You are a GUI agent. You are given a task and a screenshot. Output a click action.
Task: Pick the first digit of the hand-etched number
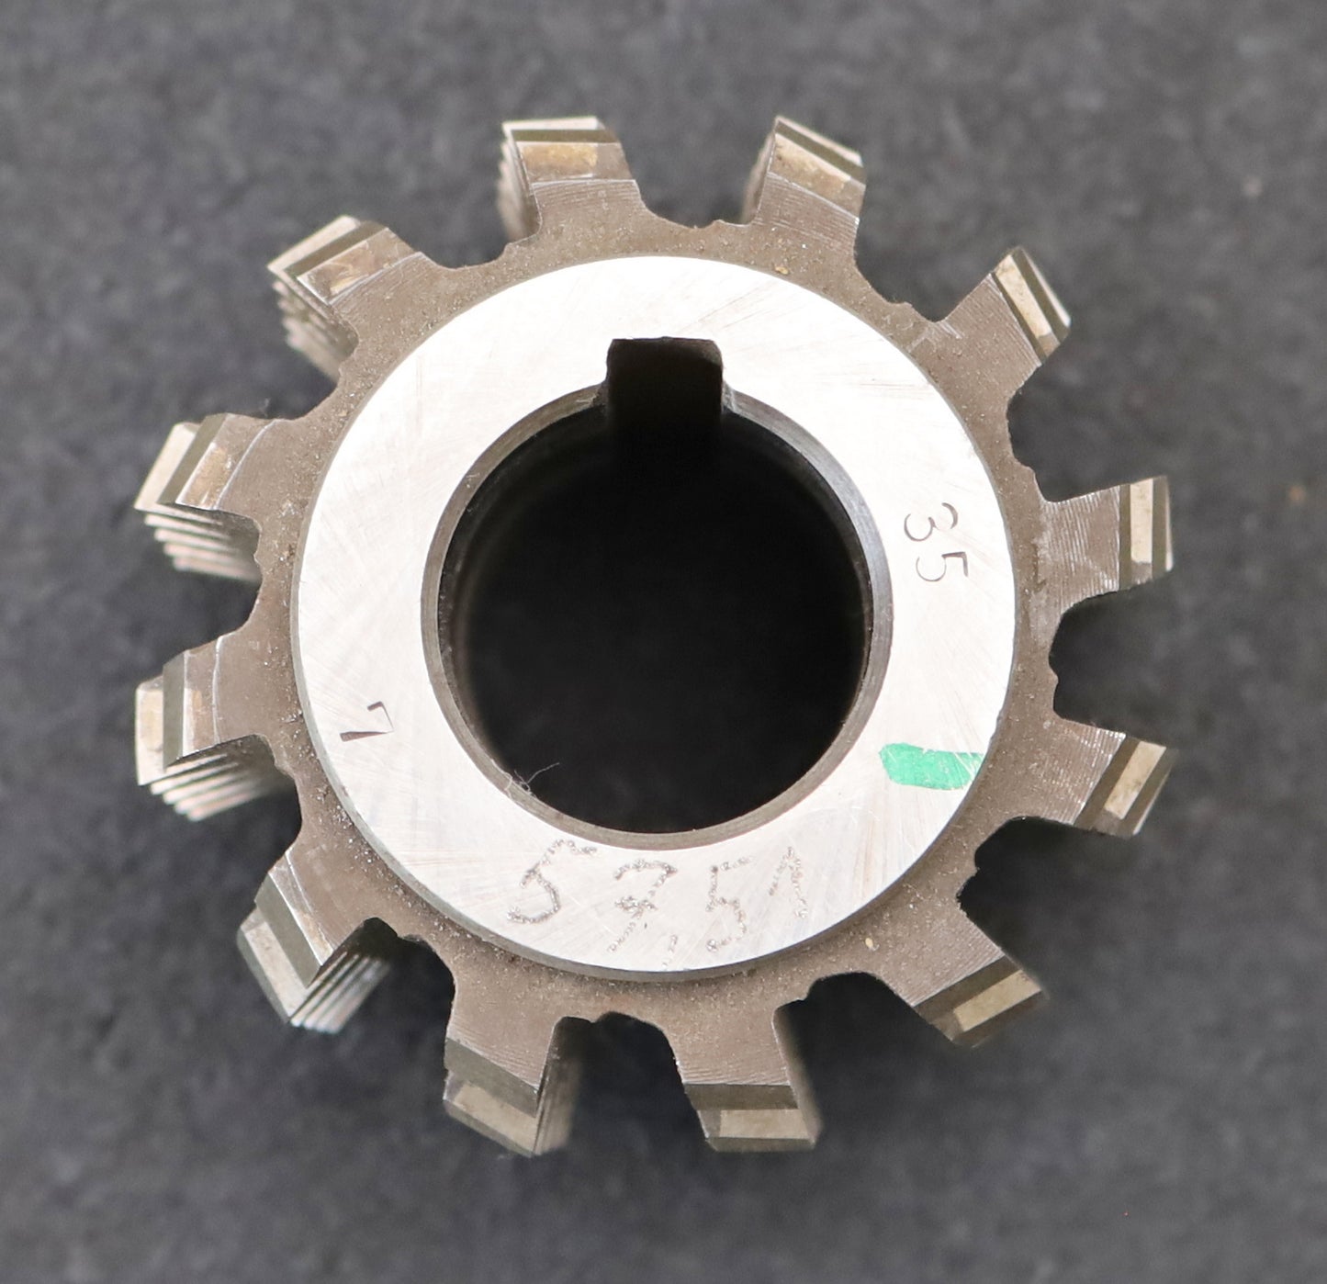[545, 891]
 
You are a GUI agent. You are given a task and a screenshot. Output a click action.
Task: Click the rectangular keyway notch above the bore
[661, 367]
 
